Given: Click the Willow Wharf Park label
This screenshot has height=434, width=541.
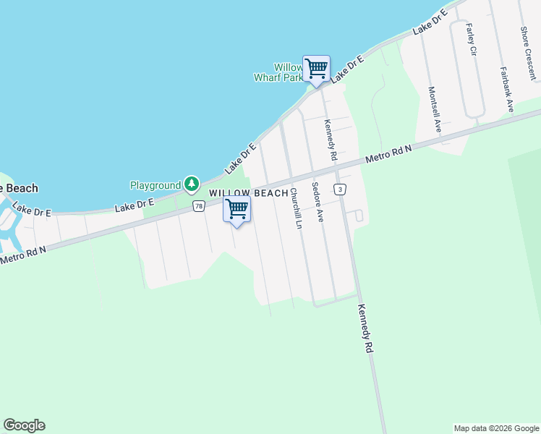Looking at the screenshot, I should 278,72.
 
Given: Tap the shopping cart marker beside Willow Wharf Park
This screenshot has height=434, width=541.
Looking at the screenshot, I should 316,69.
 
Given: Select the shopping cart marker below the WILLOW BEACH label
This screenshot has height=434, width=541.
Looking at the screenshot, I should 237,209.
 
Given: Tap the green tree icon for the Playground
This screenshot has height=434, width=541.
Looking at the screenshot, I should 191,184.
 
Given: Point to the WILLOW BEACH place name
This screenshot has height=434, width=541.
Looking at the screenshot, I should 248,194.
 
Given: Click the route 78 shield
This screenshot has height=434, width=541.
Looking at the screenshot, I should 199,206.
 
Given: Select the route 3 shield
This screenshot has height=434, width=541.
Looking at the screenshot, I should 339,189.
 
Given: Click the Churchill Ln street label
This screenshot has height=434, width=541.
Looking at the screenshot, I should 295,208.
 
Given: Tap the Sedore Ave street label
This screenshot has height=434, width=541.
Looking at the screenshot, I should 316,200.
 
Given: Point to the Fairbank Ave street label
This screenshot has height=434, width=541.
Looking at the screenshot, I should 507,89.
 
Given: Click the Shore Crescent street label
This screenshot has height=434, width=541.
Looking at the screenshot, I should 527,53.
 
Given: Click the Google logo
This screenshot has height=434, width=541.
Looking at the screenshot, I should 24,425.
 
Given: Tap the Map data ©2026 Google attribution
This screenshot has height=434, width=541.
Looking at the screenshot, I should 496,428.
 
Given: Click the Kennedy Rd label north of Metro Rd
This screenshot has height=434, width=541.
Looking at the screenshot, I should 331,140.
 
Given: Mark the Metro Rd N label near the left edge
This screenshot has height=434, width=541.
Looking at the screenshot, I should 23,255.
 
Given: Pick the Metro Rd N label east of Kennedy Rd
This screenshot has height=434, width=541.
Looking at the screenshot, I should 388,153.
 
